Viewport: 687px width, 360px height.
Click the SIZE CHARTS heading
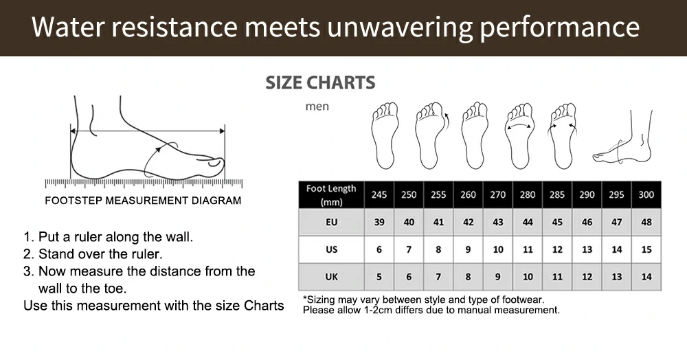point(320,82)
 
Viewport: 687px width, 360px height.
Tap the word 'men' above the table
point(317,106)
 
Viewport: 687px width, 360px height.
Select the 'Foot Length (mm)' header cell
point(331,195)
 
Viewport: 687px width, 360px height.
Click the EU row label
point(331,222)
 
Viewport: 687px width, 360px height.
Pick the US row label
point(331,249)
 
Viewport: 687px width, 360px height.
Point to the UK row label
point(331,277)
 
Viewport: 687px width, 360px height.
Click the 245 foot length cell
point(379,195)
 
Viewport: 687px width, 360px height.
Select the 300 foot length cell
point(646,195)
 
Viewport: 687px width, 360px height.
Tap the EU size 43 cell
point(497,222)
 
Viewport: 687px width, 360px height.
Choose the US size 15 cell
point(646,249)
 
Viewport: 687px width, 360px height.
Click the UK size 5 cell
point(379,277)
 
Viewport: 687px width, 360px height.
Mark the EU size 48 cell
point(646,222)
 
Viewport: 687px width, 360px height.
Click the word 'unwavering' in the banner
point(400,28)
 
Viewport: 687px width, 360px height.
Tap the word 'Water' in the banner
point(68,27)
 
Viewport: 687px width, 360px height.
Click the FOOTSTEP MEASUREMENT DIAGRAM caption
point(143,201)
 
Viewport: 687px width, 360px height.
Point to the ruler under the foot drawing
point(144,183)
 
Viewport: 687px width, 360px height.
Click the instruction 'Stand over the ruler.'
point(100,254)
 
